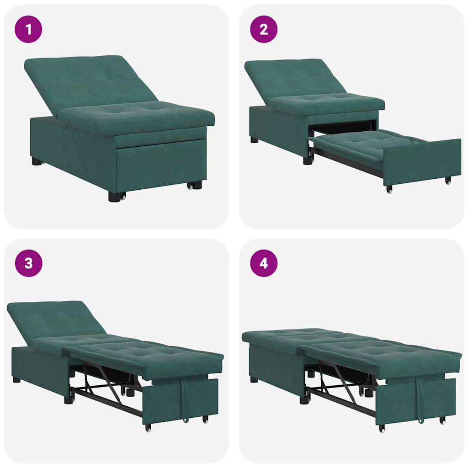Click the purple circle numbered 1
tap(28, 29)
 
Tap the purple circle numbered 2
tap(264, 29)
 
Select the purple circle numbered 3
tap(28, 263)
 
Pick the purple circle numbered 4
tap(264, 263)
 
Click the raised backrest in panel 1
tap(87, 82)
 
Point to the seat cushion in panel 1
tap(137, 117)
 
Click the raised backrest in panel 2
tap(292, 78)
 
